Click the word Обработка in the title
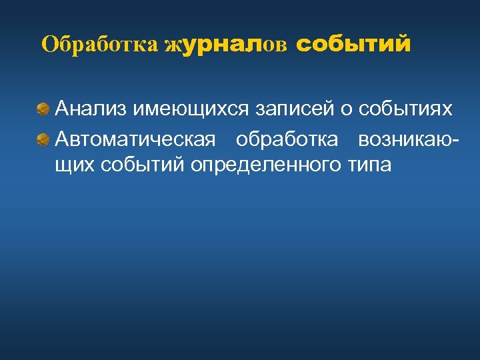(100, 45)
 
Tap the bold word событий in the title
(353, 45)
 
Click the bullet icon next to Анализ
(43, 107)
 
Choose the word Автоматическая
(135, 140)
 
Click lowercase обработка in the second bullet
(287, 140)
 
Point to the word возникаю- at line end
(407, 140)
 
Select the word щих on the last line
(74, 164)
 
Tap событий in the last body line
(142, 164)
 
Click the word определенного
(265, 164)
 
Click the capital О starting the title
(49, 45)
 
